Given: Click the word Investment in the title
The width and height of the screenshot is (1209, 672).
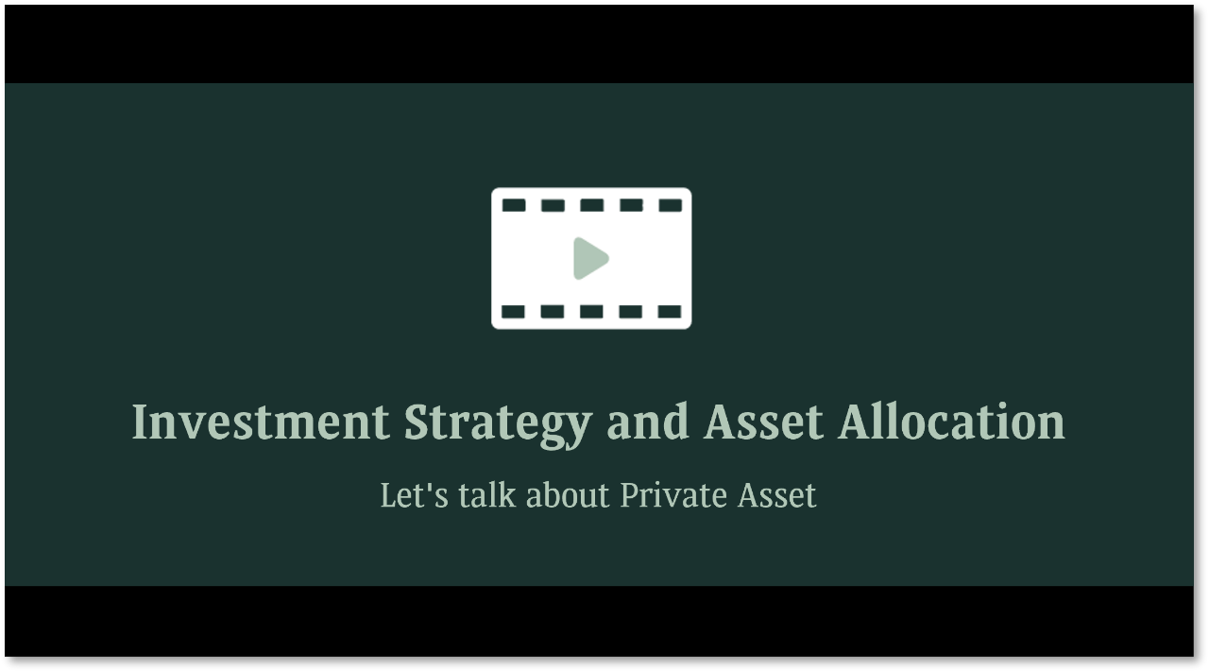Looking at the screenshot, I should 260,422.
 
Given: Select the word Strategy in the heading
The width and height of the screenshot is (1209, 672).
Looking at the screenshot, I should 498,422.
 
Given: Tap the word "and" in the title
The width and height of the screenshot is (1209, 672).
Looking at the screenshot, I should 648,422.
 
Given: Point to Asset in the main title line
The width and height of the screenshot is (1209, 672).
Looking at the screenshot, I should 763,422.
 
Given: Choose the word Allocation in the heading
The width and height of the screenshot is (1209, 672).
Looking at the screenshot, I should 951,422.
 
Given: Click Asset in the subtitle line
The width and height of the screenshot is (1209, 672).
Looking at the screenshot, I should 776,495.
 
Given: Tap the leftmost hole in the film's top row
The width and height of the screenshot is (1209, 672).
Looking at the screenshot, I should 514,205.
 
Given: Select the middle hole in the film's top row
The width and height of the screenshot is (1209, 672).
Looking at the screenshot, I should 592,205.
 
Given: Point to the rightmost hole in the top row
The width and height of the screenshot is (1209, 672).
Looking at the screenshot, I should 670,205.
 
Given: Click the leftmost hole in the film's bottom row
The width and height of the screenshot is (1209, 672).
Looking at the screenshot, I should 514,312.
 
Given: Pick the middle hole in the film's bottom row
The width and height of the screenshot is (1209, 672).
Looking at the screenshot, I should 592,312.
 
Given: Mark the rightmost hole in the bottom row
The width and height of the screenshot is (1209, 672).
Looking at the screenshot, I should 670,312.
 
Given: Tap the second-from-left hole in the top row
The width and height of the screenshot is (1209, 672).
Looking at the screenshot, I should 553,205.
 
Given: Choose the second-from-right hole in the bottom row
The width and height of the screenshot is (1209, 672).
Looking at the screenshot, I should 631,312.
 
